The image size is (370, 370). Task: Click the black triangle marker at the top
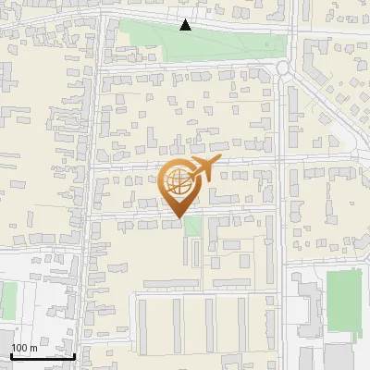pyautogui.click(x=186, y=25)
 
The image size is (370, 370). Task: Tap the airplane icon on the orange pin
pyautogui.click(x=202, y=170)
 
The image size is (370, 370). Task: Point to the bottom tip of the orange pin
pyautogui.click(x=179, y=217)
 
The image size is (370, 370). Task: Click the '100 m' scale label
pyautogui.click(x=24, y=348)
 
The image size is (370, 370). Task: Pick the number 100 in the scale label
pyautogui.click(x=20, y=348)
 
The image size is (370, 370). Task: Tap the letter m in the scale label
pyautogui.click(x=33, y=348)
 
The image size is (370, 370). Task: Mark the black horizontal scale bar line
pyautogui.click(x=43, y=356)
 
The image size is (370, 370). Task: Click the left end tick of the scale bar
pyautogui.click(x=11, y=354)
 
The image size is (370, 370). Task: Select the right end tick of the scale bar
pyautogui.click(x=74, y=354)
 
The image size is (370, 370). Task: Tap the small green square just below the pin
pyautogui.click(x=191, y=227)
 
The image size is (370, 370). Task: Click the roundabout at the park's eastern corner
pyautogui.click(x=284, y=68)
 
